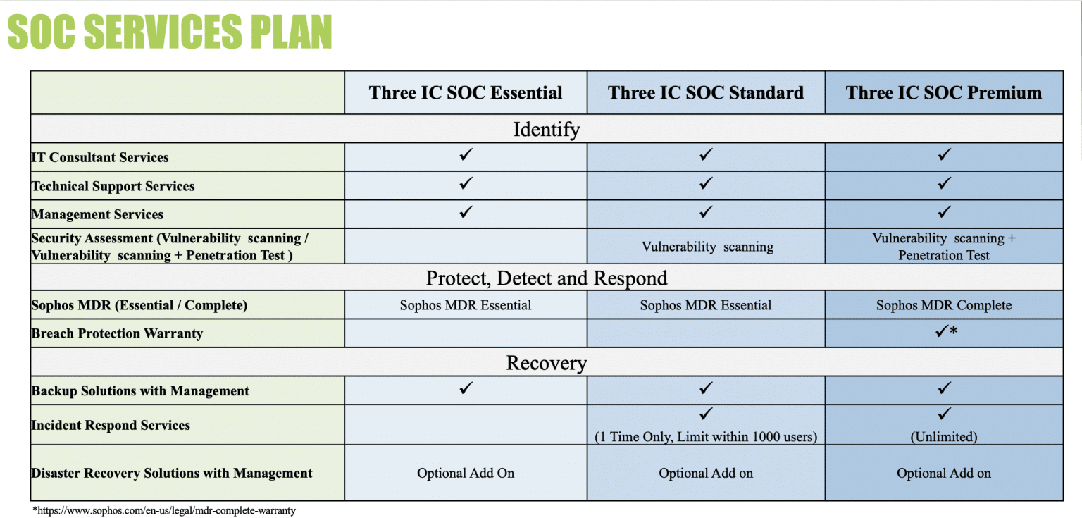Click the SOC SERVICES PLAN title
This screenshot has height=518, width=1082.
(x=170, y=32)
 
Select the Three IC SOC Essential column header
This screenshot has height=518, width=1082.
(x=466, y=93)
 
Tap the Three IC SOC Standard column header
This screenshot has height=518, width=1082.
(x=705, y=93)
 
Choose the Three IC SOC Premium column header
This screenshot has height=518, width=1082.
(x=944, y=93)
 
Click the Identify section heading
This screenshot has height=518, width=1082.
(x=546, y=130)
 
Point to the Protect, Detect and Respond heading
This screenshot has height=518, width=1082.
(x=546, y=278)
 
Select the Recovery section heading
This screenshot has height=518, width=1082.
(x=546, y=363)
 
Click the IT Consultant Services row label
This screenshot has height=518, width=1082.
(x=100, y=158)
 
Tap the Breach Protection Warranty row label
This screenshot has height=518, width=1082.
(x=117, y=334)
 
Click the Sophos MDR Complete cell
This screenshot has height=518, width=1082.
(x=944, y=306)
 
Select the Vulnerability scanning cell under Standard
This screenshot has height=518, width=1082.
(x=707, y=247)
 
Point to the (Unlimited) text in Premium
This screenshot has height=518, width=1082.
(x=944, y=437)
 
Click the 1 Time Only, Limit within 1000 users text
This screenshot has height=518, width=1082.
(x=706, y=437)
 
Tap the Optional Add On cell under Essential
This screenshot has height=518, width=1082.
(x=466, y=474)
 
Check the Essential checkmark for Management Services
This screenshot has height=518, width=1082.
(x=466, y=211)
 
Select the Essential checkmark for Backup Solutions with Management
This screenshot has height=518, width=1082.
(x=466, y=388)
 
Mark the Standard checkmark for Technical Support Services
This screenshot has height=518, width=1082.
(x=707, y=183)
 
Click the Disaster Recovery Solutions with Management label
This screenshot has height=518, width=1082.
(x=172, y=474)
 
